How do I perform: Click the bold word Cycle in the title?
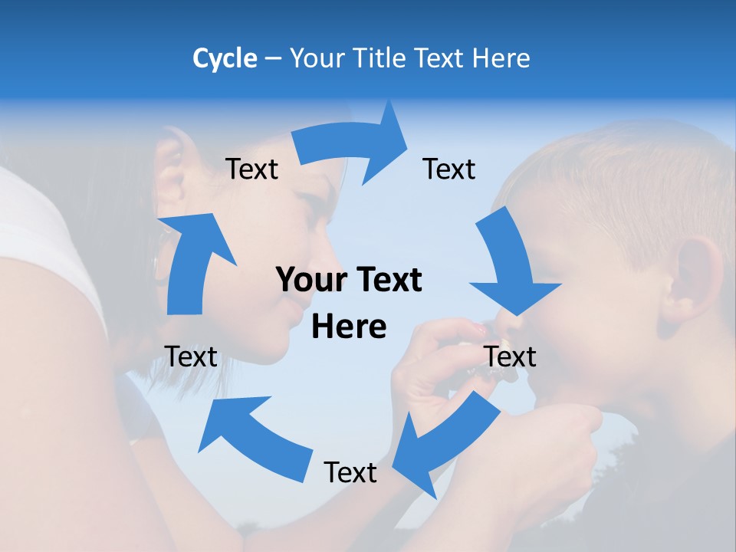point(225,58)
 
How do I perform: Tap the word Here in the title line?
point(499,58)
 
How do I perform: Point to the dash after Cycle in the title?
point(273,59)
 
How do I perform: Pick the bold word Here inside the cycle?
point(349,327)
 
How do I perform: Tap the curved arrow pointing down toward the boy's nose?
point(511,268)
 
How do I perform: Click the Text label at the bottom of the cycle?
point(350,473)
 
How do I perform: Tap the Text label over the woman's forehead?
point(252,169)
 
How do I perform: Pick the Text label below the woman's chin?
point(191,356)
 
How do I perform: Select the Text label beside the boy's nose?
point(510,356)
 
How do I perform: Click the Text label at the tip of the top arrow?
point(449,169)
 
